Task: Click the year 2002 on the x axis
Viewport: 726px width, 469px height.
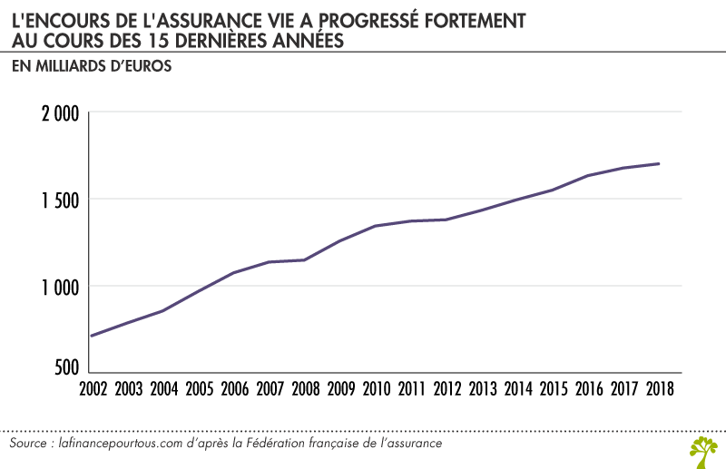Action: (93, 390)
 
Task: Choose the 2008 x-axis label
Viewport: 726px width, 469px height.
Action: (306, 390)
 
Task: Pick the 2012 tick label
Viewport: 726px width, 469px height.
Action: (446, 390)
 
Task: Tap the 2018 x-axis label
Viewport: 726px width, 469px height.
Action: (659, 390)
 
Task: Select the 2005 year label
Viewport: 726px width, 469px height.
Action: (200, 390)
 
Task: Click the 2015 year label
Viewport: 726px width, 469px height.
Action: (553, 390)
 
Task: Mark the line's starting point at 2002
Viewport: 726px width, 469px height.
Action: (92, 336)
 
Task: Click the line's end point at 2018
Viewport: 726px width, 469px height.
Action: (659, 164)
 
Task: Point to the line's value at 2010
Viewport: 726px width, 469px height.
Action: (376, 226)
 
